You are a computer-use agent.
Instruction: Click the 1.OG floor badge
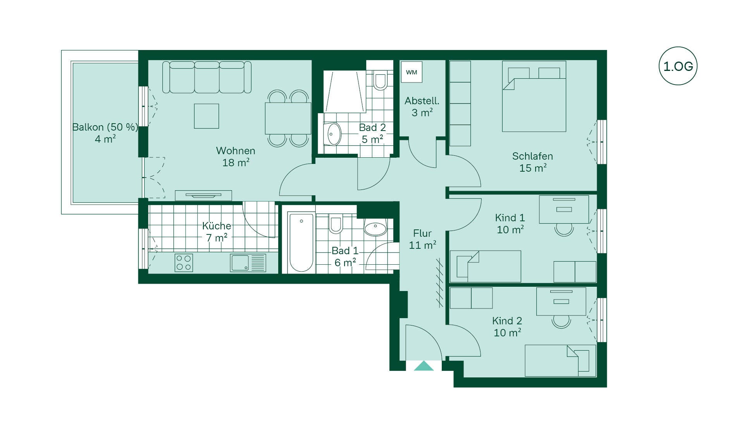[x=678, y=66]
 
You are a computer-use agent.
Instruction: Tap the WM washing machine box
[x=412, y=72]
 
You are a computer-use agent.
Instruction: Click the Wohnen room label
[x=236, y=151]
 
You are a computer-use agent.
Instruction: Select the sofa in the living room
[x=207, y=77]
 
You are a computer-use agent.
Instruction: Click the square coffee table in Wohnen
[x=207, y=116]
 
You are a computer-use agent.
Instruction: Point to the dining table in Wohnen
[x=288, y=118]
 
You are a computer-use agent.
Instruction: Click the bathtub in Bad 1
[x=301, y=242]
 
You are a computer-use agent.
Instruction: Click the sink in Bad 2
[x=333, y=134]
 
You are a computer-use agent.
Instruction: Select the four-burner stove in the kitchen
[x=184, y=263]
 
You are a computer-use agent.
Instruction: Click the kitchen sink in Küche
[x=248, y=263]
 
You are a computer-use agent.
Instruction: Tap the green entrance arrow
[x=424, y=366]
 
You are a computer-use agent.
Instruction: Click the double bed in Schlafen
[x=534, y=96]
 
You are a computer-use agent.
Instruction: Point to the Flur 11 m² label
[x=422, y=239]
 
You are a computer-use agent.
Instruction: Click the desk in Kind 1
[x=564, y=209]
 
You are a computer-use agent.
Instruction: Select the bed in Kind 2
[x=560, y=361]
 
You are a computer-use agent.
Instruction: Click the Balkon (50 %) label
[x=105, y=127]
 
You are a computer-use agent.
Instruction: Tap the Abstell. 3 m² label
[x=422, y=107]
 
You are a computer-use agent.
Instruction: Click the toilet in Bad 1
[x=336, y=224]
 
